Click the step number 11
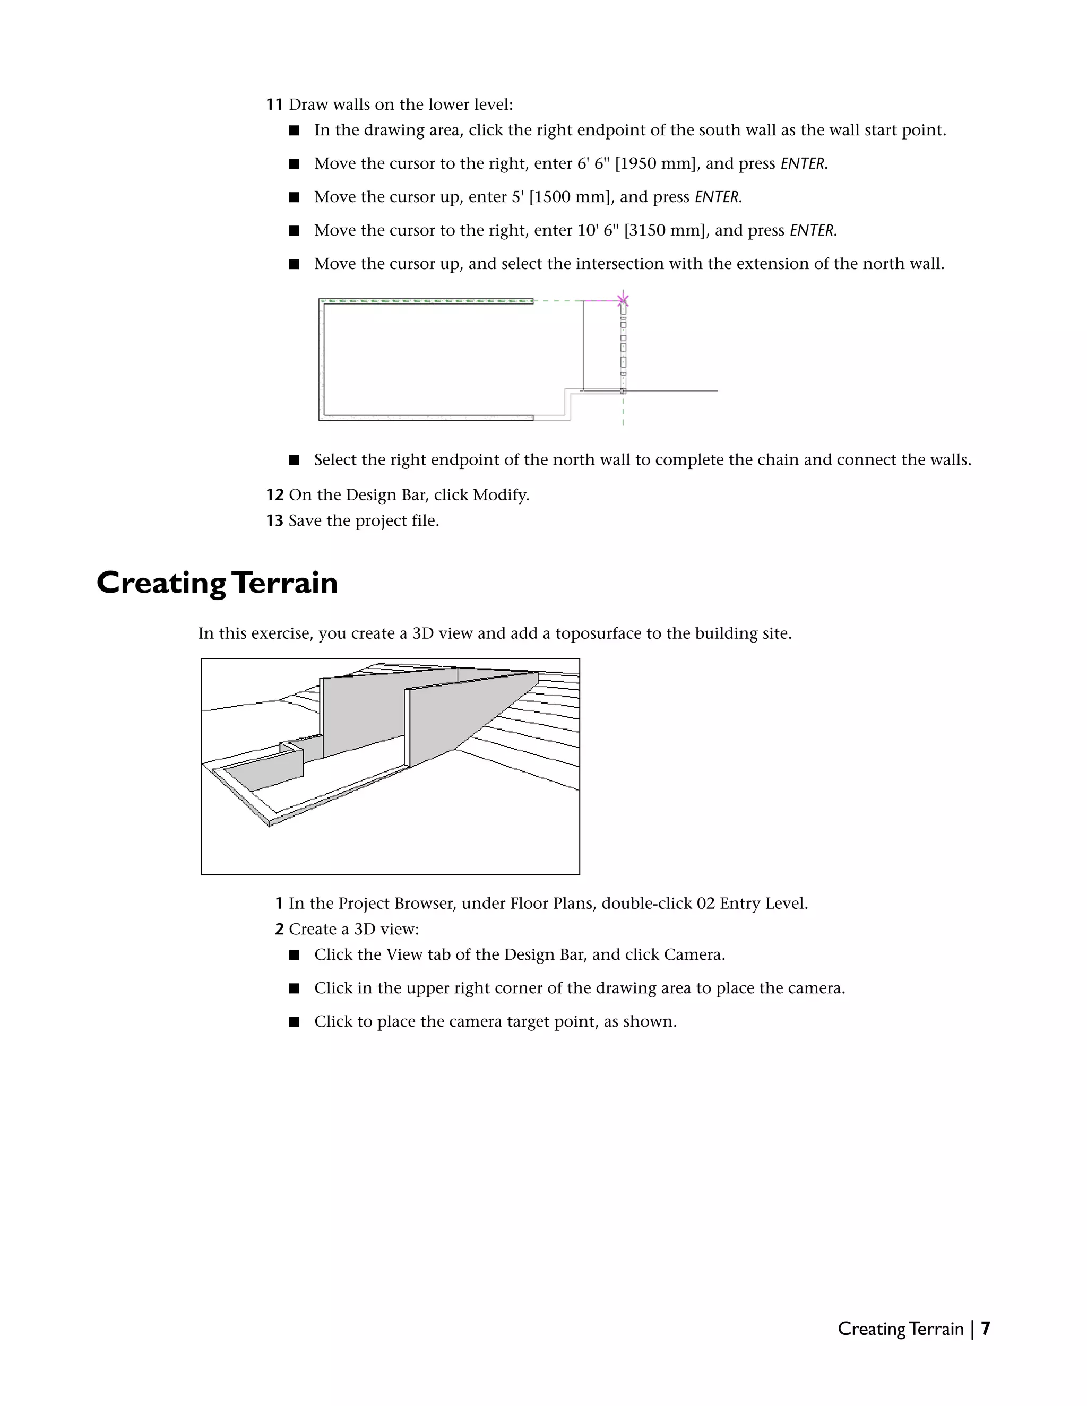click(274, 105)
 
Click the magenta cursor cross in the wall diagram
click(623, 299)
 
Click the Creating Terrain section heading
click(217, 583)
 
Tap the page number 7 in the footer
click(985, 1329)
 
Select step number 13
click(274, 521)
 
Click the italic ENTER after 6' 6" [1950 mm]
click(803, 163)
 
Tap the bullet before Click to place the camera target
click(294, 1022)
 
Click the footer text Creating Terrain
click(900, 1329)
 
